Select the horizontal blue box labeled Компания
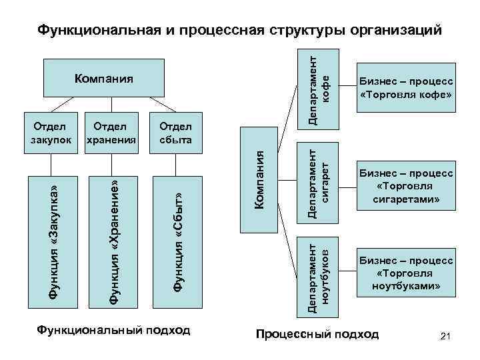point(105,78)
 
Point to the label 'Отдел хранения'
point(111,133)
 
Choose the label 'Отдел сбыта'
point(175,133)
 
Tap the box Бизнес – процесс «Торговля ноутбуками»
point(406,273)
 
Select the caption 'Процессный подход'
point(317,334)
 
